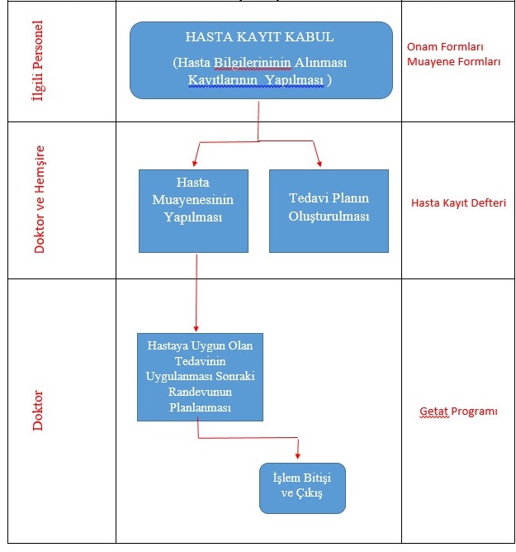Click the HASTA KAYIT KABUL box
pyautogui.click(x=261, y=60)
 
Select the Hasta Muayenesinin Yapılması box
pyautogui.click(x=193, y=211)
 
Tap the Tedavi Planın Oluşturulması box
pyautogui.click(x=329, y=211)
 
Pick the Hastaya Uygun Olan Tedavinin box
pyautogui.click(x=200, y=377)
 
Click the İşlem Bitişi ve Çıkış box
pyautogui.click(x=302, y=488)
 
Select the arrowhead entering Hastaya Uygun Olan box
pyautogui.click(x=196, y=327)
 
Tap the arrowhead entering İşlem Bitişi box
pyautogui.click(x=297, y=456)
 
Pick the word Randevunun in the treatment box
pyautogui.click(x=200, y=396)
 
